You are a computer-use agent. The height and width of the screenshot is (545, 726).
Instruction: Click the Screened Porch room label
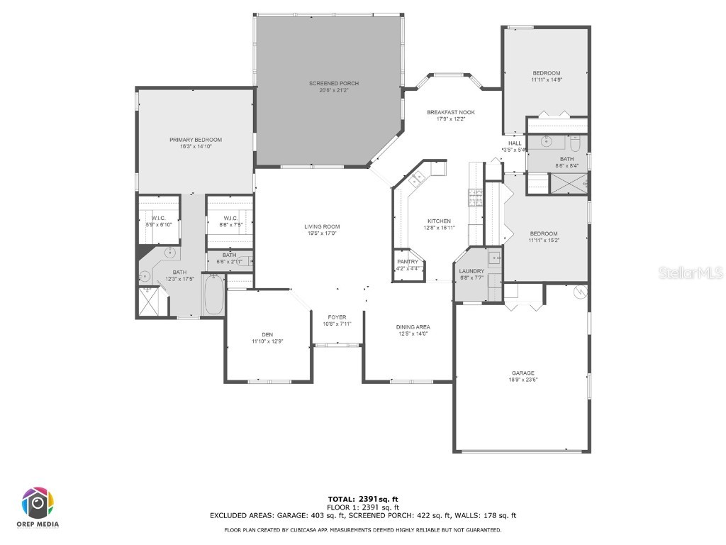click(x=333, y=84)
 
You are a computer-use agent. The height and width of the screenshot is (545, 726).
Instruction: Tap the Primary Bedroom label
click(x=196, y=140)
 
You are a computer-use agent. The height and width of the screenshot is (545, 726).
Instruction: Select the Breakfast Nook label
click(x=450, y=112)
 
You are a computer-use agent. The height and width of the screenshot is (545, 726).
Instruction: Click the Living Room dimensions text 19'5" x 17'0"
click(x=321, y=233)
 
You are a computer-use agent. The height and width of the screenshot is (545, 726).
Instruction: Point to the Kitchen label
click(x=439, y=221)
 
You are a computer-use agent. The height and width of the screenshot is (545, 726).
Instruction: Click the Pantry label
click(x=408, y=262)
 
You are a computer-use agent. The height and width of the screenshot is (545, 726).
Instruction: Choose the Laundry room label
click(x=471, y=271)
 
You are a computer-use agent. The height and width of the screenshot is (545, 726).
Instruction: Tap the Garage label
click(x=523, y=373)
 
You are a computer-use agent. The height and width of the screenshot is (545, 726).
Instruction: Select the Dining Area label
click(x=413, y=327)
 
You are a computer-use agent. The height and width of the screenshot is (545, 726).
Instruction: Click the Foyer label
click(x=337, y=317)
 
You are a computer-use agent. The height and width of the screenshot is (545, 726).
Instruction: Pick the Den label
click(x=267, y=335)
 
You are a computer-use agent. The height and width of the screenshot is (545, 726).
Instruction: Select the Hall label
click(x=515, y=143)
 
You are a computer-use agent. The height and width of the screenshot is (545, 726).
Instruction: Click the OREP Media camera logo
click(x=38, y=502)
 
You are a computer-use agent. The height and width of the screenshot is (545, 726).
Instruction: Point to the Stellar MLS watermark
click(x=691, y=272)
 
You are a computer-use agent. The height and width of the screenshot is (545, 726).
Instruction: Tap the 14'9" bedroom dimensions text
click(x=547, y=80)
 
